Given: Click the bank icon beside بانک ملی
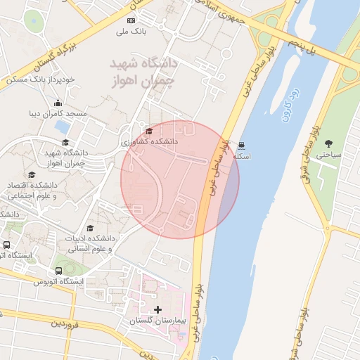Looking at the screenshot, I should click(131, 21).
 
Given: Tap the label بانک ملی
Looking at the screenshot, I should click(131, 32).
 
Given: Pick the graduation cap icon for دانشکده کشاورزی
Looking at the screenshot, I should click(148, 131).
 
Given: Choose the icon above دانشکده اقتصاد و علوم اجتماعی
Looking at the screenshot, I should click(31, 175).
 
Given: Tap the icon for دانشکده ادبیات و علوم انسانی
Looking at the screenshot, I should click(89, 229).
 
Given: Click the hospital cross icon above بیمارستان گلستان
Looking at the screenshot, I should click(157, 309).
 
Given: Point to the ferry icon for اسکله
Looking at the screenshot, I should click(243, 146).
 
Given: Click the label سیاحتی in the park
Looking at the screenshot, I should click(327, 154).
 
